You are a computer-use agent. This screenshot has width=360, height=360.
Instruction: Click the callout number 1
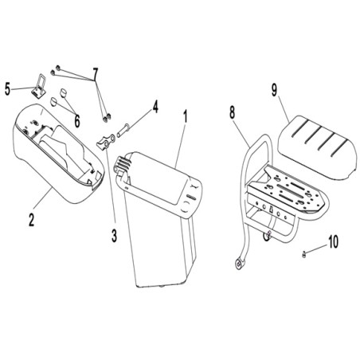click(186, 117)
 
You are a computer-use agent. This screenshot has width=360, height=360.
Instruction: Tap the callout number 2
click(32, 220)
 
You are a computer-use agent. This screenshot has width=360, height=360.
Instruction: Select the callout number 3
click(114, 236)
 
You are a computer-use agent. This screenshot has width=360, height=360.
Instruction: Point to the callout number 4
click(155, 107)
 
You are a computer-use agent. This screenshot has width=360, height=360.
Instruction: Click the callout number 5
click(8, 89)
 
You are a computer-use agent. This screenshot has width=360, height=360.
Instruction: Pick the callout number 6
click(76, 121)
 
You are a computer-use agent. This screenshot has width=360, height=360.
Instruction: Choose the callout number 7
click(95, 74)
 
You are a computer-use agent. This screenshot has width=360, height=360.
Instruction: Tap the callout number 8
click(232, 112)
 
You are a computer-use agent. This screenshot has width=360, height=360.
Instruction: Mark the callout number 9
click(274, 90)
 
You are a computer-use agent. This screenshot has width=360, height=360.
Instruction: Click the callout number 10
click(333, 242)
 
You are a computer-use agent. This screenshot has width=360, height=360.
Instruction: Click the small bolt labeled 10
click(304, 255)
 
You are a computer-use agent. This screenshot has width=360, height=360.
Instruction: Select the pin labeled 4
click(123, 131)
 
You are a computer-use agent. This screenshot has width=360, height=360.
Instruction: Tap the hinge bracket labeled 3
click(106, 142)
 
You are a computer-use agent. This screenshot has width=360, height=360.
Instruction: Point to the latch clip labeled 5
click(38, 87)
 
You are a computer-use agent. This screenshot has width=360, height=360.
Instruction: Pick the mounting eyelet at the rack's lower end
click(240, 264)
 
